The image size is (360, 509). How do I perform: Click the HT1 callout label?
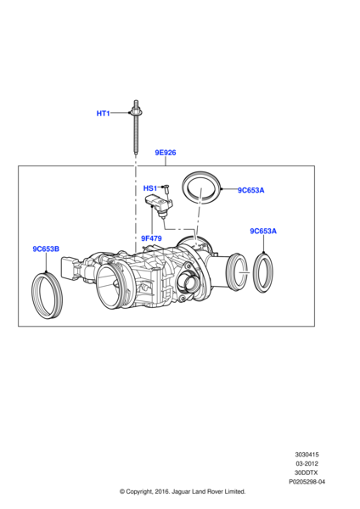[x=103, y=114]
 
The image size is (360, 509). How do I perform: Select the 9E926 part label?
[x=166, y=153]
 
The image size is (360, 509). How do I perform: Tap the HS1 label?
[x=150, y=188]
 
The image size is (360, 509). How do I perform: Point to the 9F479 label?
[x=151, y=238]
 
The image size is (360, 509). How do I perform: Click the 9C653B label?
[x=46, y=249]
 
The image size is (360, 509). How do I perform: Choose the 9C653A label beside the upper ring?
[x=250, y=190]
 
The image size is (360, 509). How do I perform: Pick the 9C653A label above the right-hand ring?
[x=263, y=231]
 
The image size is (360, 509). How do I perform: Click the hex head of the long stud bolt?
[x=136, y=112]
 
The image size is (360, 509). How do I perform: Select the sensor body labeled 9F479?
[x=159, y=204]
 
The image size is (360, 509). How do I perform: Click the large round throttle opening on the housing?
[x=110, y=285]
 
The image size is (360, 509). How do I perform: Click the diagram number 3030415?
[x=307, y=455]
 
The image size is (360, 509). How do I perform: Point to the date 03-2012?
[x=307, y=463]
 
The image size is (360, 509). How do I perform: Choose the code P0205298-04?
[x=307, y=482]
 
